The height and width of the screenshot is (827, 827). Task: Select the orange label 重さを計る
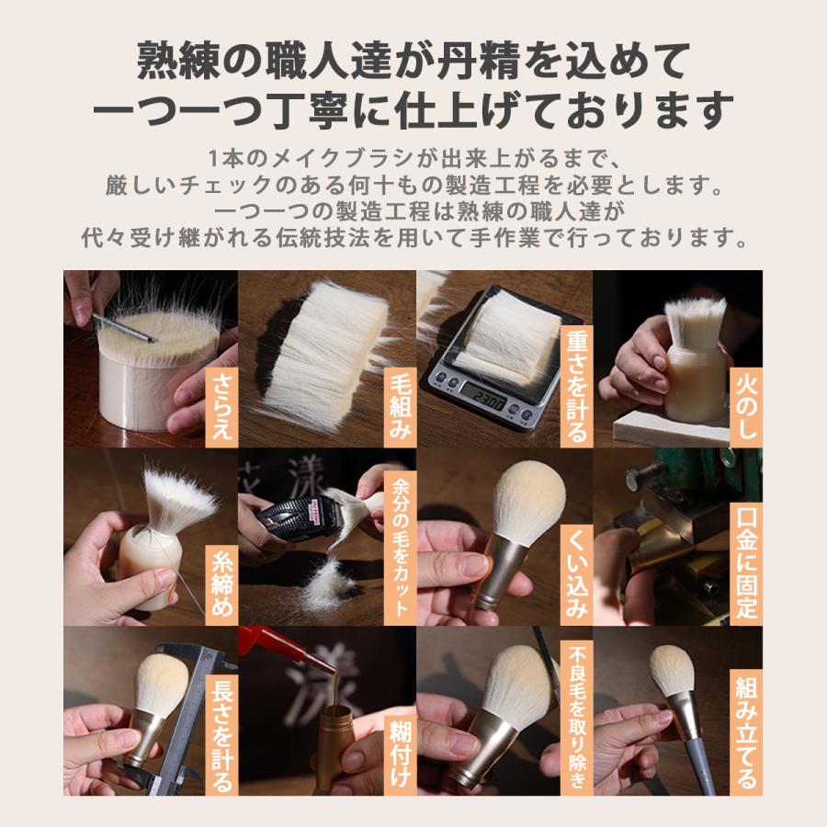tap(575, 386)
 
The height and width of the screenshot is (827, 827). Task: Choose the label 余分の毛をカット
tap(398, 548)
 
